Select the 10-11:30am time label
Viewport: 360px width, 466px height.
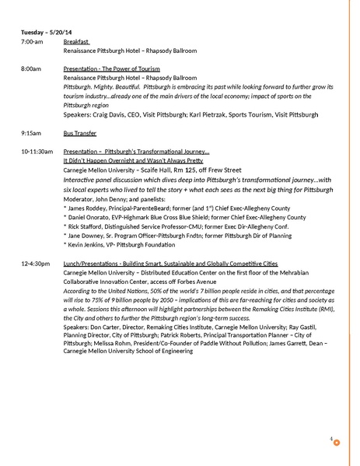tap(37, 151)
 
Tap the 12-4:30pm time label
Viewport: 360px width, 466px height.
tap(35, 263)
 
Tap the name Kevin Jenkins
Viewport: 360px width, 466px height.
tap(89, 245)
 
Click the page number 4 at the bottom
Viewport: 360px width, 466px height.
tap(331, 440)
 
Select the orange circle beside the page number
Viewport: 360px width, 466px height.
tap(337, 443)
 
